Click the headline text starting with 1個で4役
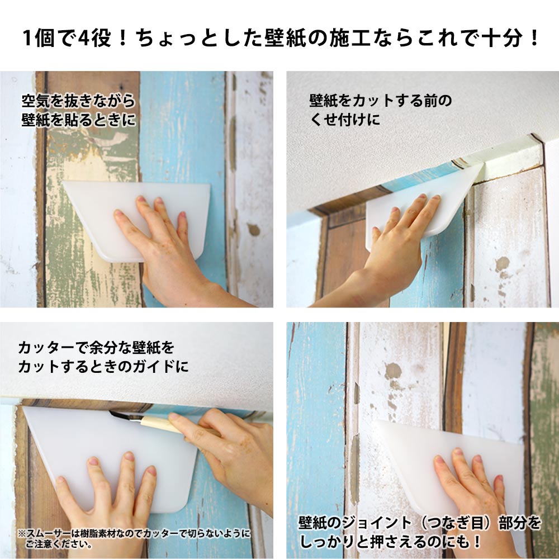coord(280,38)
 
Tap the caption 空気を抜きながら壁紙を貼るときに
coord(78,111)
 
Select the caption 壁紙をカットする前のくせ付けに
coord(380,110)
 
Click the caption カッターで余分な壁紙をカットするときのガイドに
coord(103,357)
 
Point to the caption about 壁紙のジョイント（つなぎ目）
coord(420,532)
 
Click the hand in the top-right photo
coord(389,257)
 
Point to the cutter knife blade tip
coord(110,412)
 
